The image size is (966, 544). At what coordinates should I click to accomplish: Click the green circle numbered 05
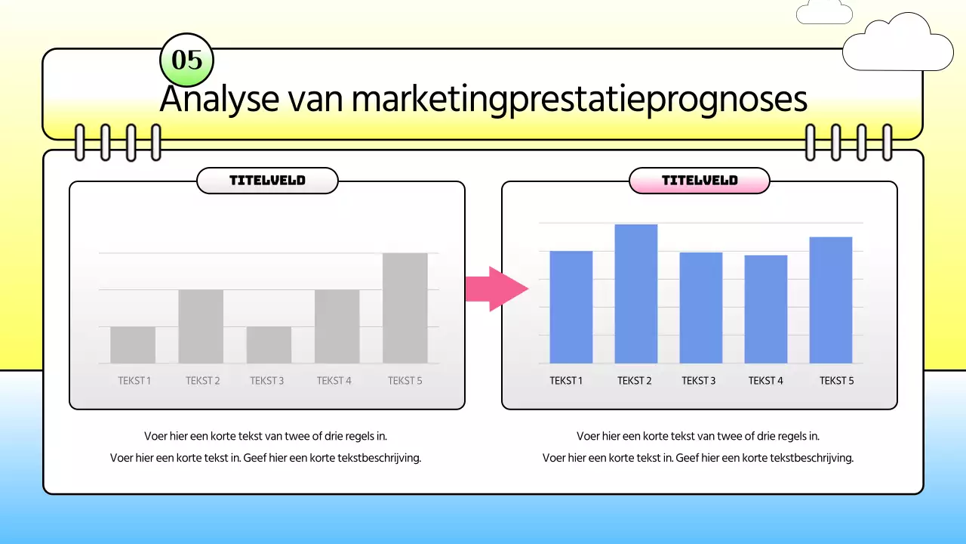[187, 60]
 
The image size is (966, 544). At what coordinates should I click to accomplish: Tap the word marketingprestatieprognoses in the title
[579, 100]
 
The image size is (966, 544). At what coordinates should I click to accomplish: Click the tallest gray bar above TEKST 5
[405, 308]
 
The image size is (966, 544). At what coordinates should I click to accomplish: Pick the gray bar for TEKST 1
[133, 345]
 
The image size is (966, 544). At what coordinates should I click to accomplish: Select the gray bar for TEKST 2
[201, 326]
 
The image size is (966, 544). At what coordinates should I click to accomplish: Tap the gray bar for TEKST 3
[269, 345]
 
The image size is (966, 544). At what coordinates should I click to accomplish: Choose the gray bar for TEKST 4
[337, 326]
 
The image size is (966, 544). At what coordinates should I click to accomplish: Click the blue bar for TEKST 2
[635, 294]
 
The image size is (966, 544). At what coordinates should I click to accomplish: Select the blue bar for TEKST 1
[571, 307]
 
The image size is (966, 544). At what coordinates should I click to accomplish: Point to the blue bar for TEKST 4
[765, 309]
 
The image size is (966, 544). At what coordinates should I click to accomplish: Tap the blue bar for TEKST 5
[830, 300]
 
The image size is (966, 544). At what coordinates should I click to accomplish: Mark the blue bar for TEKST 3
[700, 308]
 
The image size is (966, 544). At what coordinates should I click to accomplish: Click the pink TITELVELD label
[700, 181]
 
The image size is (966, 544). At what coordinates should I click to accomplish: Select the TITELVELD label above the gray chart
[267, 181]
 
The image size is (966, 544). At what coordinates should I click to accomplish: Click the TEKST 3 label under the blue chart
[698, 381]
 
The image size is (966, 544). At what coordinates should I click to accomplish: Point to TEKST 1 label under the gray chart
[134, 381]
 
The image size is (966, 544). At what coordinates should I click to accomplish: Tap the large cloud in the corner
[897, 44]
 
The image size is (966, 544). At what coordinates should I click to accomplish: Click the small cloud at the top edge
[824, 11]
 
